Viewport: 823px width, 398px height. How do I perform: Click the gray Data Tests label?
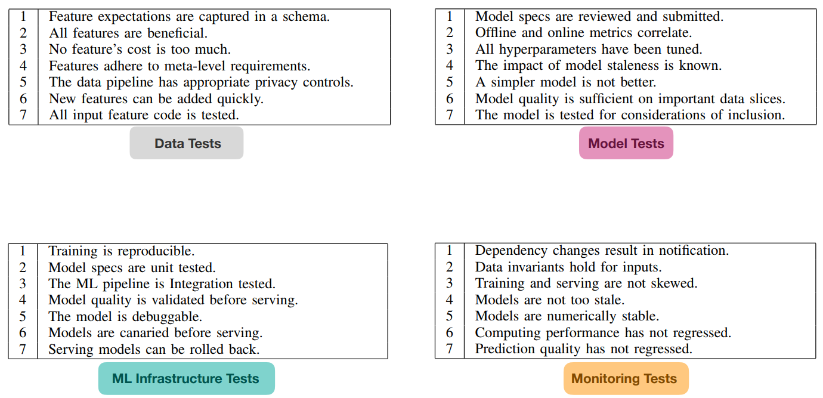pyautogui.click(x=187, y=143)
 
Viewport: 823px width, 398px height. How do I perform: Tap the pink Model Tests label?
pyautogui.click(x=626, y=143)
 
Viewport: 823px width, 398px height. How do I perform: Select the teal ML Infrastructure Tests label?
pyautogui.click(x=187, y=378)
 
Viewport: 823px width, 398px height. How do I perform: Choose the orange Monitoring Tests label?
pyautogui.click(x=626, y=378)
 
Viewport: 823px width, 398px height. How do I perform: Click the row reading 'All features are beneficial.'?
pyautogui.click(x=128, y=33)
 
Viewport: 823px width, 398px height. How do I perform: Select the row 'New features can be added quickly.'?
pyautogui.click(x=156, y=99)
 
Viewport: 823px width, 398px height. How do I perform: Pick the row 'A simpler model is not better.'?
pyautogui.click(x=565, y=82)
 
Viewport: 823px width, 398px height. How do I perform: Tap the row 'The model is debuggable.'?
pyautogui.click(x=125, y=317)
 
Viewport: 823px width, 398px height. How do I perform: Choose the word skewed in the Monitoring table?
pyautogui.click(x=674, y=283)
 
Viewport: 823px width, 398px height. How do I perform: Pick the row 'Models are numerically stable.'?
pyautogui.click(x=567, y=316)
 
